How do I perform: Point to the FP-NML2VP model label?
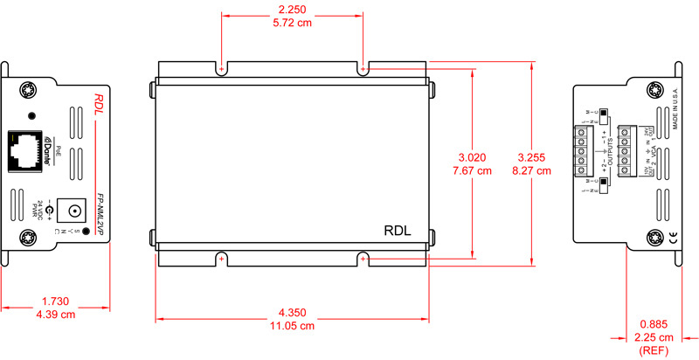[100, 215]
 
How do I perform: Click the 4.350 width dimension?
[294, 312]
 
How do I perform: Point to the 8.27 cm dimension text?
[534, 171]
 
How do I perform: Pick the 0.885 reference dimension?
[655, 324]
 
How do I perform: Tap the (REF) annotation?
[655, 351]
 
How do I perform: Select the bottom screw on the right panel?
[654, 238]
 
